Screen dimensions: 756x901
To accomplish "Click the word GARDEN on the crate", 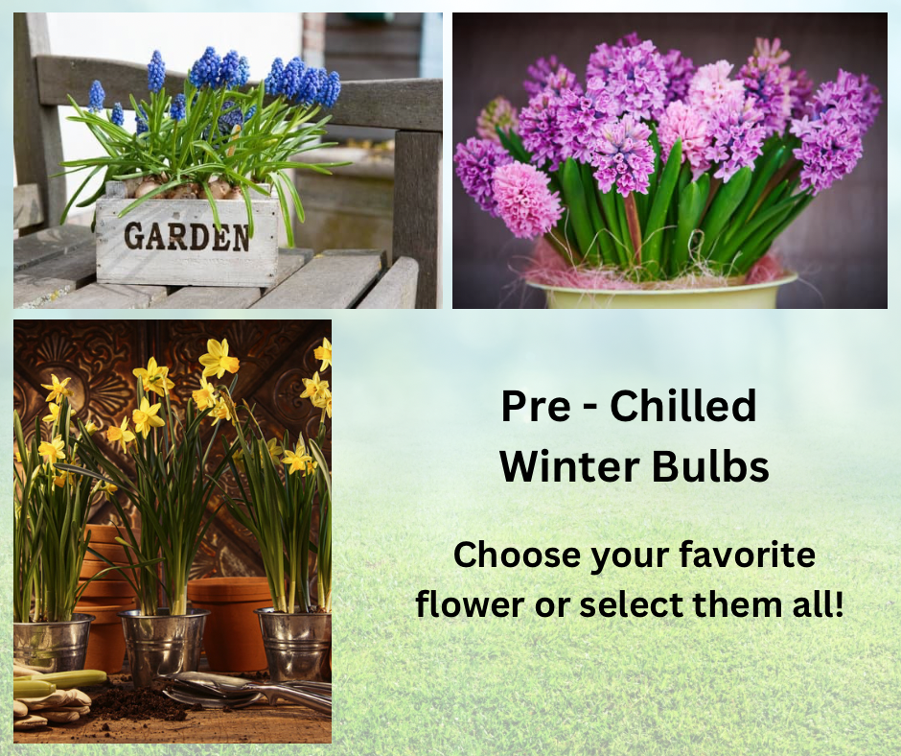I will (x=186, y=235).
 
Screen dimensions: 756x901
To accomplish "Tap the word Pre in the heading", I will (x=529, y=407).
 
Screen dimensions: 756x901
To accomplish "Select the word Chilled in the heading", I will (x=683, y=407).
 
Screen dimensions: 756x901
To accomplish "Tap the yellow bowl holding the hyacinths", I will (x=662, y=292).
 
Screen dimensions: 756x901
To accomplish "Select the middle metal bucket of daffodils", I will (x=163, y=645).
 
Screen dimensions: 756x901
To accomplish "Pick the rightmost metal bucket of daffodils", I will (x=293, y=643).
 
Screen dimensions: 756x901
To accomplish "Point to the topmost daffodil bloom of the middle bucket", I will (x=219, y=360).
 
